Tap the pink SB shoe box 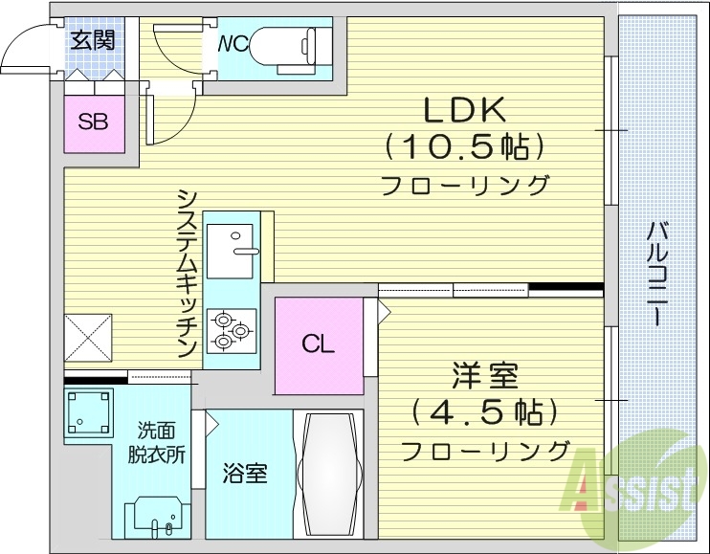pyautogui.click(x=93, y=122)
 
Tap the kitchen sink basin pyautogui.click(x=230, y=240)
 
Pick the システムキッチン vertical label pyautogui.click(x=187, y=273)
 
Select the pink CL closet pyautogui.click(x=319, y=345)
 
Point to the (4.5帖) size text pyautogui.click(x=483, y=412)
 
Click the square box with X pyautogui.click(x=89, y=336)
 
